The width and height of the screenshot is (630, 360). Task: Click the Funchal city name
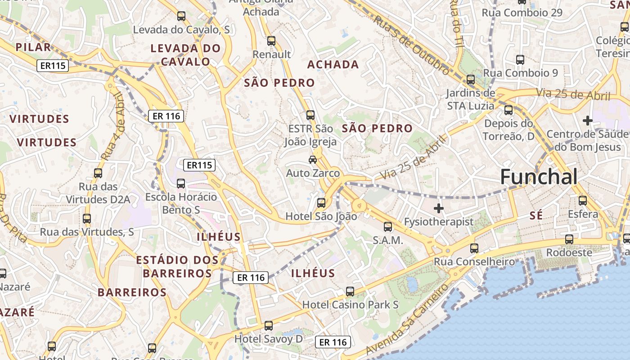(x=539, y=177)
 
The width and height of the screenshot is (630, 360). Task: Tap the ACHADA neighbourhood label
(x=333, y=64)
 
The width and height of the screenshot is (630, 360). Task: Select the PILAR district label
(x=33, y=47)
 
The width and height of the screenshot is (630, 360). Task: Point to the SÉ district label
(x=536, y=216)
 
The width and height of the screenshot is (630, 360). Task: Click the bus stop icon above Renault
(x=271, y=41)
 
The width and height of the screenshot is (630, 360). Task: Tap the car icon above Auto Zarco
(x=313, y=159)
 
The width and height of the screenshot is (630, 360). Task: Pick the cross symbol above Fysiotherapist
(x=438, y=208)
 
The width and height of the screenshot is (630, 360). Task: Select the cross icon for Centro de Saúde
(x=587, y=121)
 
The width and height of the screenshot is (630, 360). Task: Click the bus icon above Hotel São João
(x=321, y=202)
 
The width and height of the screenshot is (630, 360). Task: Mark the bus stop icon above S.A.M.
(x=388, y=227)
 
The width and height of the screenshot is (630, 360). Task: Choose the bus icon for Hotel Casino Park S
(x=350, y=291)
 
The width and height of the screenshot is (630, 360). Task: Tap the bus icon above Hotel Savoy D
(x=269, y=325)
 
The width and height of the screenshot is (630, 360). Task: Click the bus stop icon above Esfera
(x=583, y=200)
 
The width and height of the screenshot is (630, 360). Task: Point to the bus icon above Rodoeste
(x=569, y=239)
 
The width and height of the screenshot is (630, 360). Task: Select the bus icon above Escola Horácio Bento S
(x=181, y=183)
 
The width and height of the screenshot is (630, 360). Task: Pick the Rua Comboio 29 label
(x=522, y=13)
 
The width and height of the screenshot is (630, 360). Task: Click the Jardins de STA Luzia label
(x=470, y=99)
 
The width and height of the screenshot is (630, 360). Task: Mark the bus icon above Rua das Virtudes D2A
(x=98, y=173)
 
